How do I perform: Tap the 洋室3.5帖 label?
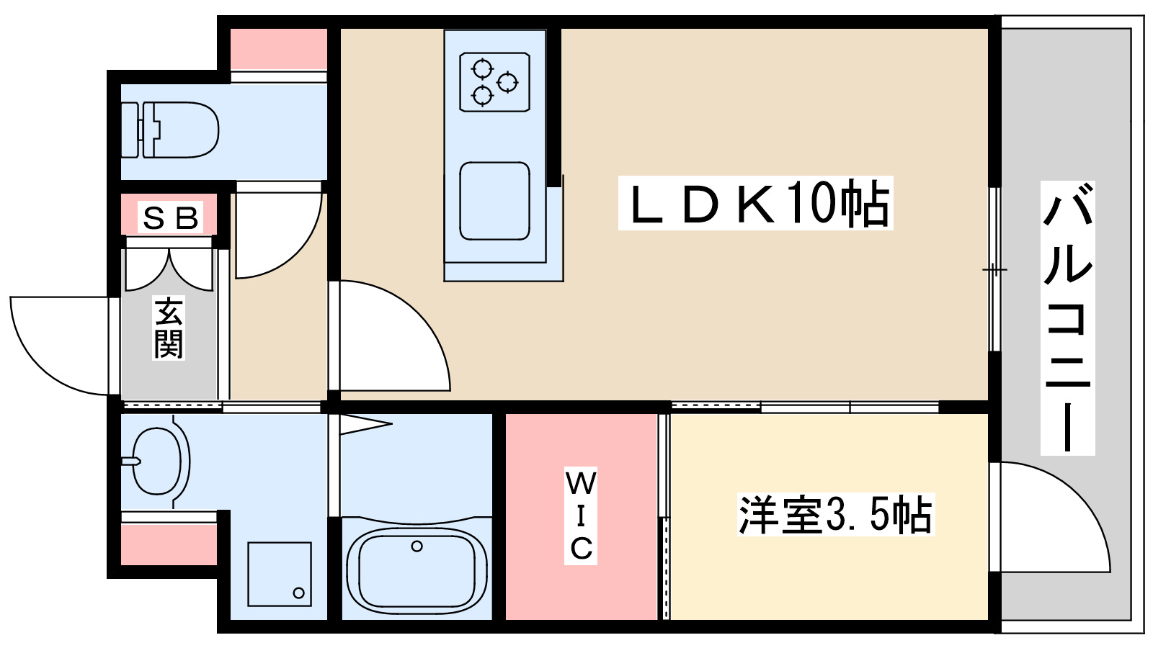click(x=835, y=515)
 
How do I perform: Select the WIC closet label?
click(x=581, y=515)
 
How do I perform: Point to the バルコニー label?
click(x=1067, y=318)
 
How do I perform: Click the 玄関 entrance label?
click(x=169, y=328)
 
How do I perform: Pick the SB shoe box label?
click(x=170, y=217)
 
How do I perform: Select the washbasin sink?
click(x=157, y=461)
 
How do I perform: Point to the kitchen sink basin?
click(x=494, y=201)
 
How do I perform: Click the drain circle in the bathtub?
click(x=417, y=546)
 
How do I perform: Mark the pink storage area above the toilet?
click(x=278, y=48)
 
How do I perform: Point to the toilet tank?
click(x=130, y=130)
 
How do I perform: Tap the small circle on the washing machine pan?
click(x=298, y=593)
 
